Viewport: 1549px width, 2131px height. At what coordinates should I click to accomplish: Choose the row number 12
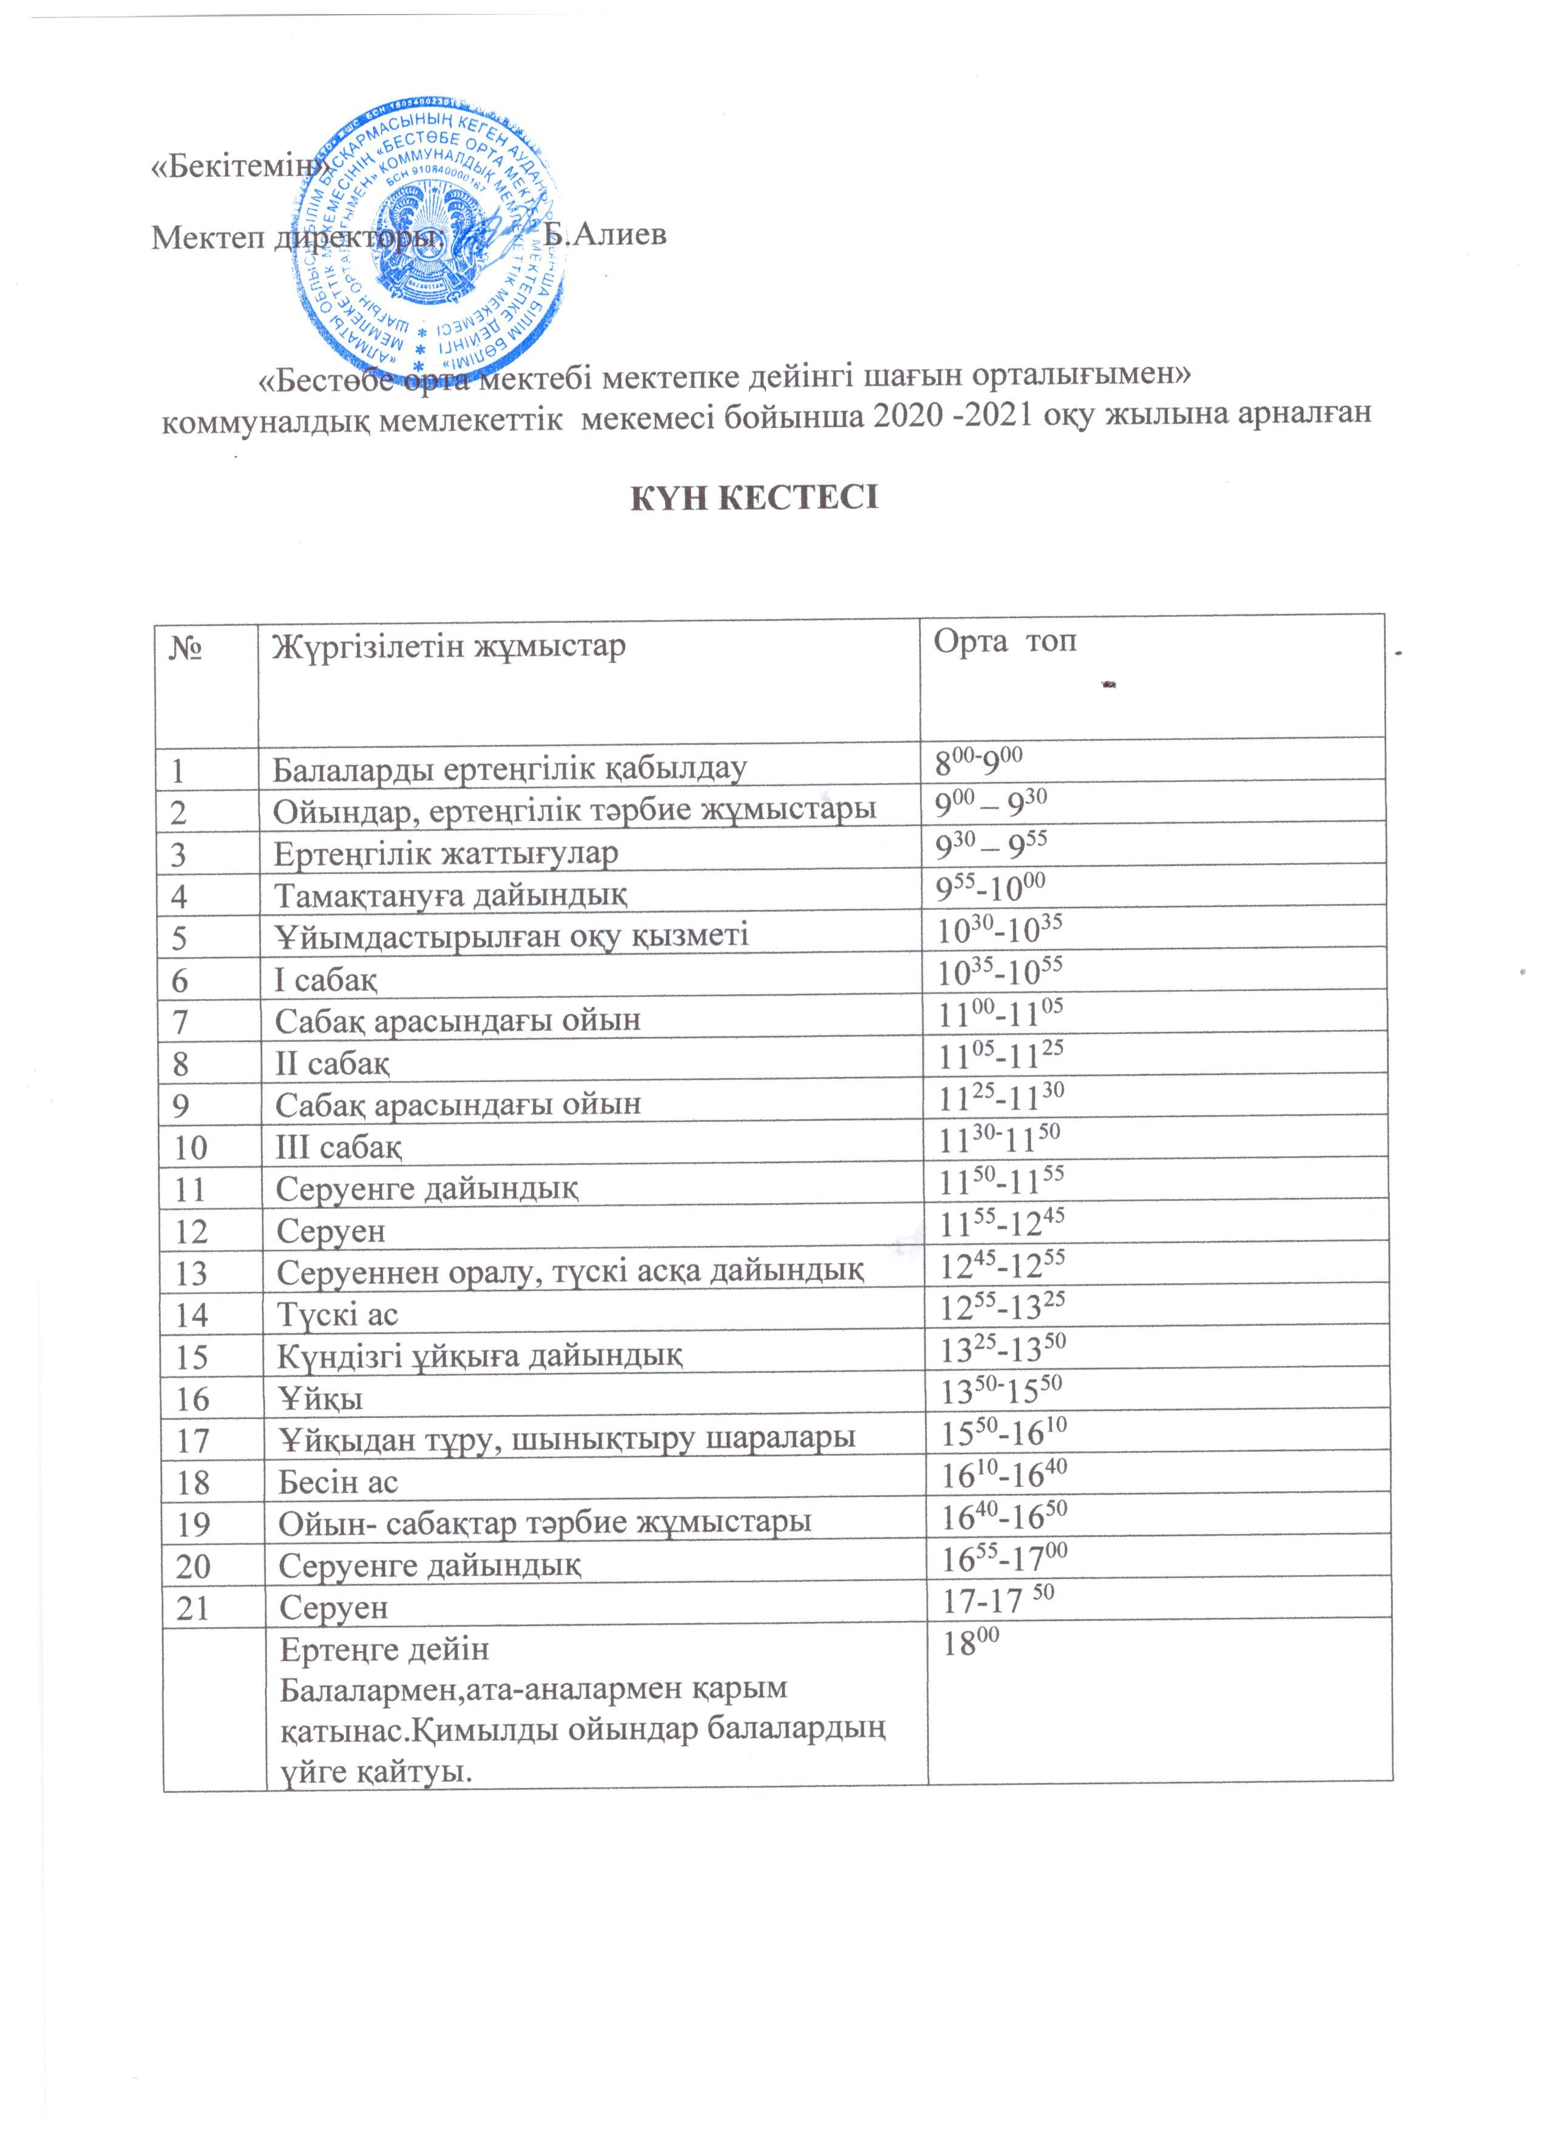tap(192, 1230)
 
